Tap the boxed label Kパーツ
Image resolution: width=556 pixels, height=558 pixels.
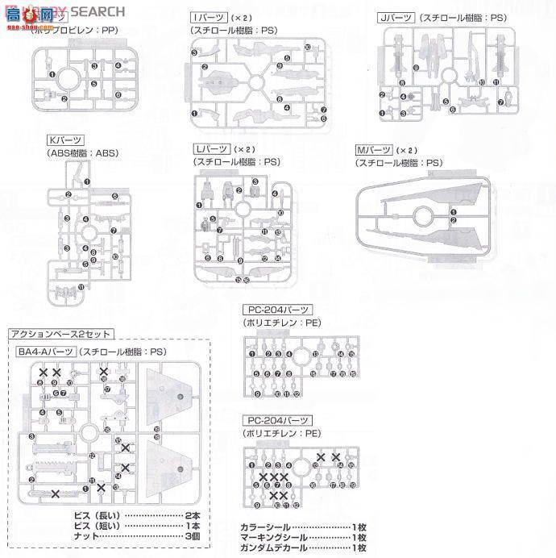tap(64, 140)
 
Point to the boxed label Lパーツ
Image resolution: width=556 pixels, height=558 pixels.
tap(210, 150)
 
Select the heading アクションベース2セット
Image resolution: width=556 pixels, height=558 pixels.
tap(60, 334)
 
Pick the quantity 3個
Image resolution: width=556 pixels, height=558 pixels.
tap(192, 536)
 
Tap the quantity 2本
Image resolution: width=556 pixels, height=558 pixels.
tap(192, 515)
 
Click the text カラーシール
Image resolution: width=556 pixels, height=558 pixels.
tap(262, 527)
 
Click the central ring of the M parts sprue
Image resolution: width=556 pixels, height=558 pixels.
tap(420, 217)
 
